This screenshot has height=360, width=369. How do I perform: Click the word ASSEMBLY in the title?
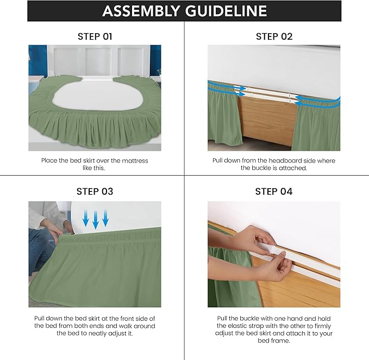(x=142, y=11)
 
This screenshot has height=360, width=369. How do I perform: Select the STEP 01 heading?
(x=95, y=36)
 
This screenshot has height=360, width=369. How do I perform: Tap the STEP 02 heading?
(x=274, y=36)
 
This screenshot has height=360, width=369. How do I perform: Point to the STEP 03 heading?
(x=95, y=191)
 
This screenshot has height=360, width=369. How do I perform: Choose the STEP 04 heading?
(x=274, y=191)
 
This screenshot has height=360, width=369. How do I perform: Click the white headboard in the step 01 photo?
(x=95, y=60)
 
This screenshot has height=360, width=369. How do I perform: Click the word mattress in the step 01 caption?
(x=132, y=161)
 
